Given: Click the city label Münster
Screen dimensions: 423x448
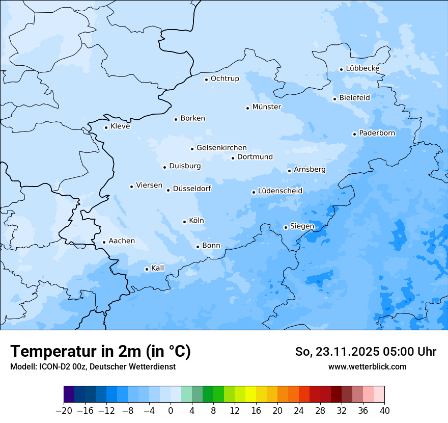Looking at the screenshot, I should point(267,107).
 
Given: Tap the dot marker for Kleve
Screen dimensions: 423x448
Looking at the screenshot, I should point(106,127).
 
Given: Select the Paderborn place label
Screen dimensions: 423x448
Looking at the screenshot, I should point(377,133).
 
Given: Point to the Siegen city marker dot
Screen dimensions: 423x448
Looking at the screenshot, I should point(286,227).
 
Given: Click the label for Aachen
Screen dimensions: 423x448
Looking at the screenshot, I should point(122,241).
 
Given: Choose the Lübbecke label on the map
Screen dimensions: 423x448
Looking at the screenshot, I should point(362,68).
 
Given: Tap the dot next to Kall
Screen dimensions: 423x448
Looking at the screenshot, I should point(147,269).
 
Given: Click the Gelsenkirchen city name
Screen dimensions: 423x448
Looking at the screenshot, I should point(221,148).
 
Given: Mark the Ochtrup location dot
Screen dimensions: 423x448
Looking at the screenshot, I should point(206,79).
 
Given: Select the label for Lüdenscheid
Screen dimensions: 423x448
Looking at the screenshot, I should point(280,191).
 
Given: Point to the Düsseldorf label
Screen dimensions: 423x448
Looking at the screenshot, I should point(192,189).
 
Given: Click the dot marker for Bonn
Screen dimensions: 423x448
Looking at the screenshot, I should point(198,247).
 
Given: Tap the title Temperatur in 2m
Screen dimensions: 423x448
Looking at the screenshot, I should point(101,351).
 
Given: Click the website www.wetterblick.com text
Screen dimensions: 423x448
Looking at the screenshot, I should point(367,366).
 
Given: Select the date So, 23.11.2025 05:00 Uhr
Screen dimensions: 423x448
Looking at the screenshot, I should point(366,352).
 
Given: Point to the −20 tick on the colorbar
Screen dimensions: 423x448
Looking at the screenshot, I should point(64,411).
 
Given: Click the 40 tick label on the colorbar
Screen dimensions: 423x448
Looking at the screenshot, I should point(384,411).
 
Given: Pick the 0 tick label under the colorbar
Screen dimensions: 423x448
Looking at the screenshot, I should point(171,411).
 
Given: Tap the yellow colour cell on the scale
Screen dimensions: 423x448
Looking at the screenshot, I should point(250,394).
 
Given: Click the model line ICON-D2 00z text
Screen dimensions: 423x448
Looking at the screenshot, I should point(93,366).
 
